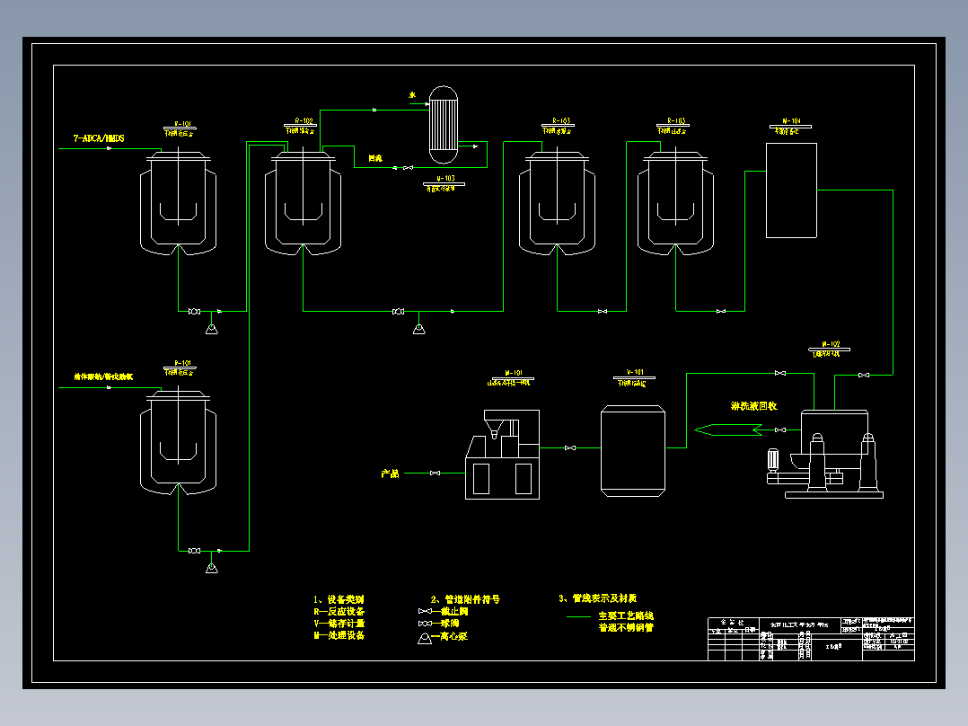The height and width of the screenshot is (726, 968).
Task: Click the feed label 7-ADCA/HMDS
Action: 99,138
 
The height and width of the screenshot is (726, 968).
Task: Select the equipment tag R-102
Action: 304,120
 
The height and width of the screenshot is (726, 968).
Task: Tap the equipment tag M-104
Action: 791,120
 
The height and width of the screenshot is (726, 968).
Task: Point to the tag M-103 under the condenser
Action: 440,179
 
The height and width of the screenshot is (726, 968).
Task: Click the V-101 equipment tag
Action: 635,372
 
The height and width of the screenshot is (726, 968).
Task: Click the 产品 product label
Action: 390,474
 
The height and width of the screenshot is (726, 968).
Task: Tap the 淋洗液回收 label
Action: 753,406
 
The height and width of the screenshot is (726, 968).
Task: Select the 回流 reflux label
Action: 375,158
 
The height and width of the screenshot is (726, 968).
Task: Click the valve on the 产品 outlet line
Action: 435,474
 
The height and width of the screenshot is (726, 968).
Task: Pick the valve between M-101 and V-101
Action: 569,447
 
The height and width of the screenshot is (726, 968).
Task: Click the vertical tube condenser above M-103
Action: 442,124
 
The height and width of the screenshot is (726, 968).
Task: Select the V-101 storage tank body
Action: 633,451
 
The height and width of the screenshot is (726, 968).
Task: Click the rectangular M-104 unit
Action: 791,190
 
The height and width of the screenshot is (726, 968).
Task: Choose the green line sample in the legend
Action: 578,617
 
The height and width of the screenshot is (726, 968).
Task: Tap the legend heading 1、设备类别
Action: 339,599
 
